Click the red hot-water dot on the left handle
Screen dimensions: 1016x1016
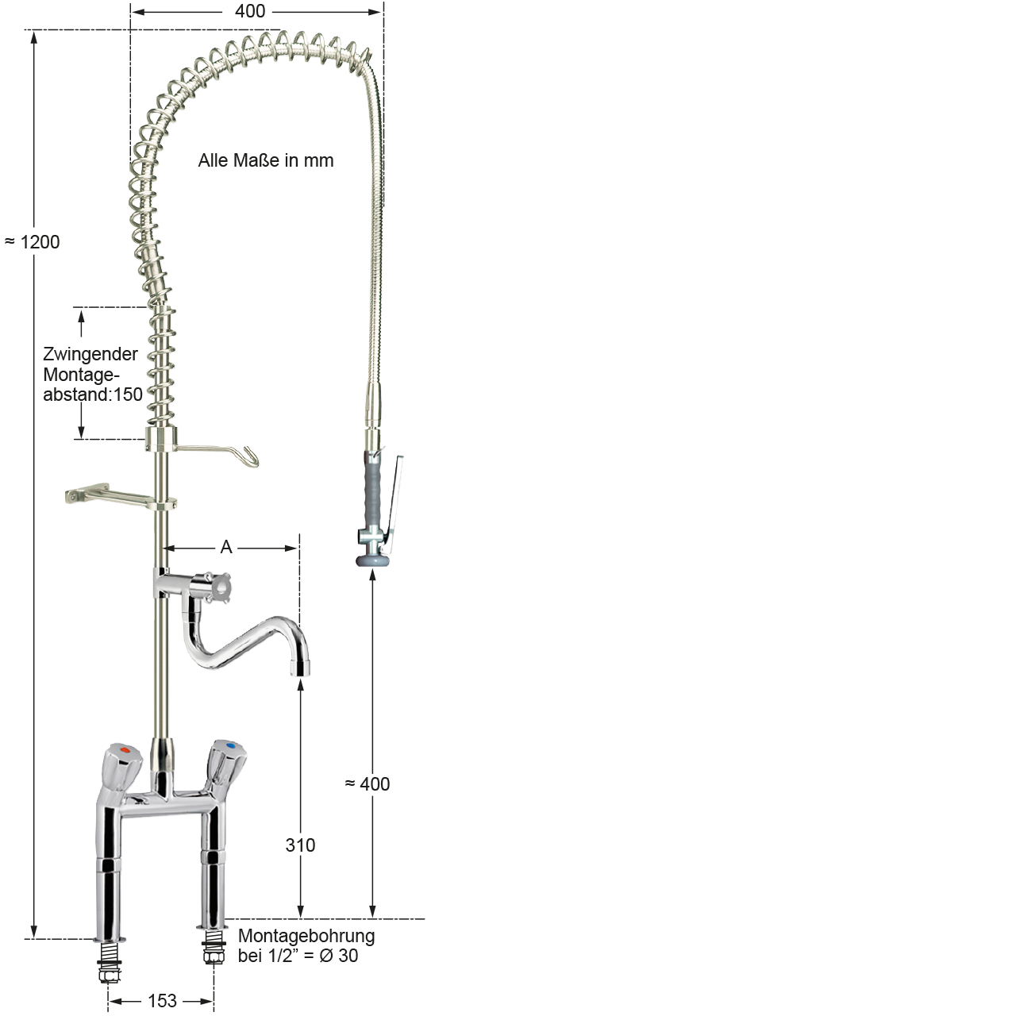coord(125,749)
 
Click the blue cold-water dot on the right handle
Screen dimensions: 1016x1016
coord(230,746)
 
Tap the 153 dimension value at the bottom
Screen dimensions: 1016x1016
coord(162,1000)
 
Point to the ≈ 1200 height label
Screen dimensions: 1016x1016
coord(33,242)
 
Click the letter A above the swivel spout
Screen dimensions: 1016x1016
coord(226,547)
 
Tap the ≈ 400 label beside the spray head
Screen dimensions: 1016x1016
coord(368,784)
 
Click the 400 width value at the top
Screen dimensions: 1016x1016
coord(250,11)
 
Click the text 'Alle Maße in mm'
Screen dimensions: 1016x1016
coord(266,160)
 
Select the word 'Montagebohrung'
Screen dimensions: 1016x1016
coord(306,936)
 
